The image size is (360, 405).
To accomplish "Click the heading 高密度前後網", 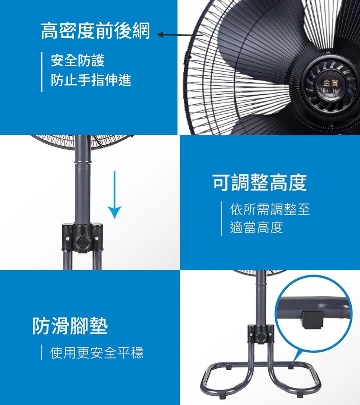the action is [x=95, y=31].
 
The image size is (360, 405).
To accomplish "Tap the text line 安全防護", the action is [x=77, y=60].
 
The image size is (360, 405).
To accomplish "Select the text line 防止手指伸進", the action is [x=91, y=80].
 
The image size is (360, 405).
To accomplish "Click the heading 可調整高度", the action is [x=260, y=183].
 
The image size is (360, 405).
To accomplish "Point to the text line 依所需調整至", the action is [x=270, y=209].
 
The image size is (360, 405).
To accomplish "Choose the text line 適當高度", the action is [x=256, y=228].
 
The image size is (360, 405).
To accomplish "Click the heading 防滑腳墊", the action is [x=70, y=326].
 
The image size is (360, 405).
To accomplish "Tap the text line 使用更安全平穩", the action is [x=96, y=353].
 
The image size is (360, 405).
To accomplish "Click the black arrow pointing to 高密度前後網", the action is [x=180, y=35].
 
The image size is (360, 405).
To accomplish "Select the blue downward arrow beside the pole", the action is [x=114, y=195].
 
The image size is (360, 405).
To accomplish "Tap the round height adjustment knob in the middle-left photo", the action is [x=82, y=242].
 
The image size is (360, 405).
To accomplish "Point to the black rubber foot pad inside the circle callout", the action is [x=312, y=319].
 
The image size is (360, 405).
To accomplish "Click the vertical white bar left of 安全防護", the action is [x=41, y=72].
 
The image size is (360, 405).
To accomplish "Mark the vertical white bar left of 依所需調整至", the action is [x=221, y=219].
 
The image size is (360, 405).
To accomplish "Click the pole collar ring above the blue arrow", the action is [x=82, y=162].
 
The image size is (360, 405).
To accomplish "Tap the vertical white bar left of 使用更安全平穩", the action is [x=41, y=353].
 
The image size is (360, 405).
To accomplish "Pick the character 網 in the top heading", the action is [x=141, y=31].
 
